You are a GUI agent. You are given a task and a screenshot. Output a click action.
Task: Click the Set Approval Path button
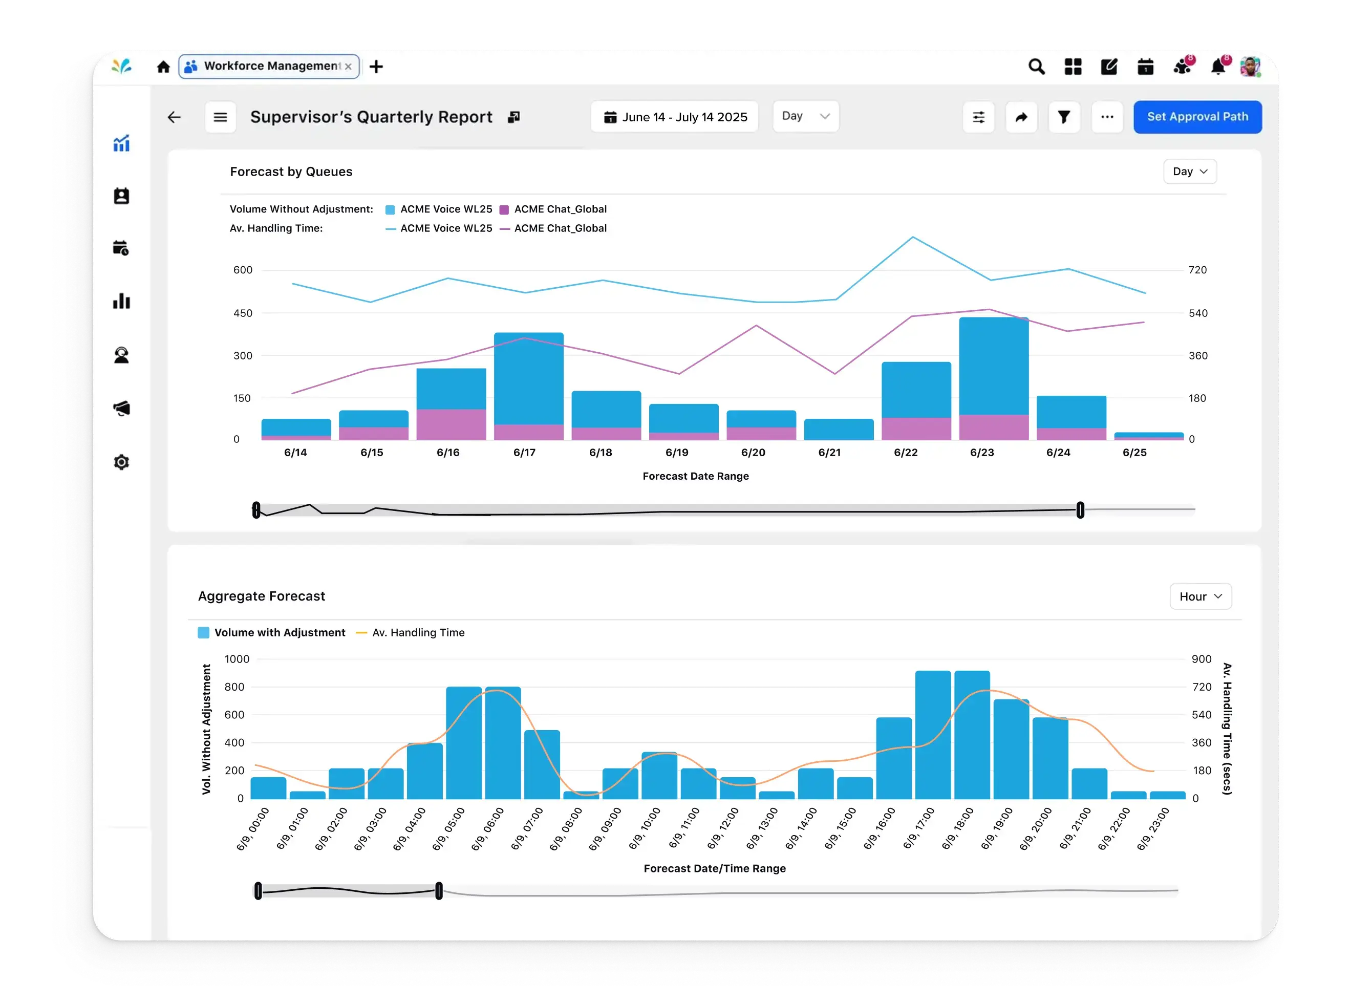[1197, 117]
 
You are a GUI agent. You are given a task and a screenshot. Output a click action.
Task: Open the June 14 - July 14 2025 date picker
[674, 117]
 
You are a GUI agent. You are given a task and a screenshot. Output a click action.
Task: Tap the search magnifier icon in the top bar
[1036, 66]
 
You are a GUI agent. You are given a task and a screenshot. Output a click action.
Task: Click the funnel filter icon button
[1064, 117]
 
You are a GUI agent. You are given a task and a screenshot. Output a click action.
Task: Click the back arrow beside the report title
[175, 117]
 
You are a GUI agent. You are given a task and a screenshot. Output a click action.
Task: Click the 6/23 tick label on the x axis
[982, 453]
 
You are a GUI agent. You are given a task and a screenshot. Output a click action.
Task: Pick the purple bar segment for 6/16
[451, 424]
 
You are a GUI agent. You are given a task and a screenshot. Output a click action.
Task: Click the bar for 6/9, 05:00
[464, 743]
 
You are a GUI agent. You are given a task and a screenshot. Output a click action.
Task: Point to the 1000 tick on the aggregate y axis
[237, 659]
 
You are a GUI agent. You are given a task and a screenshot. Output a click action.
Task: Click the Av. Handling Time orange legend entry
[410, 633]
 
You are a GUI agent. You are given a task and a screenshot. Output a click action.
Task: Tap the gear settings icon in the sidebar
[121, 462]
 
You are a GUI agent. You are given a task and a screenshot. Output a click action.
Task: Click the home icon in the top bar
[163, 66]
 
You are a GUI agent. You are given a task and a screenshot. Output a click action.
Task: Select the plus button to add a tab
[376, 66]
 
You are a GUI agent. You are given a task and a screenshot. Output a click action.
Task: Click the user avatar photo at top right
[1249, 66]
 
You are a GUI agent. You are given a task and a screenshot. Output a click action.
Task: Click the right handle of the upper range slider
[1080, 510]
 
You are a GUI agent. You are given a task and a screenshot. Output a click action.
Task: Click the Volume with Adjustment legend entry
[272, 633]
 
